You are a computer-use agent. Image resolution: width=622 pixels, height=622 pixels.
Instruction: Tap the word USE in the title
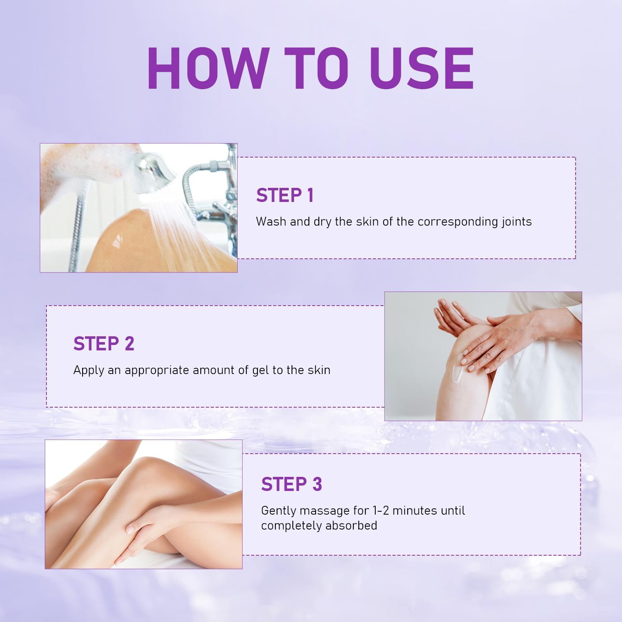(422, 68)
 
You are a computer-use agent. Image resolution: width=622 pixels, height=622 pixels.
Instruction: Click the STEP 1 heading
(285, 195)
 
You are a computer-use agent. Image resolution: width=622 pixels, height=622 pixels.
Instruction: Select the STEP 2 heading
(104, 344)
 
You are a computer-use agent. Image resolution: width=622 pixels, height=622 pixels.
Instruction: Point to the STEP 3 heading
(291, 484)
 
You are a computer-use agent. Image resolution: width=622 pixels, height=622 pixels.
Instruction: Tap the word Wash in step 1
(271, 221)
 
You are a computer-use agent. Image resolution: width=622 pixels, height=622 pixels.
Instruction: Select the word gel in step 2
(260, 370)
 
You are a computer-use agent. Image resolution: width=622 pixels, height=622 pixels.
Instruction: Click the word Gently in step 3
(279, 511)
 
